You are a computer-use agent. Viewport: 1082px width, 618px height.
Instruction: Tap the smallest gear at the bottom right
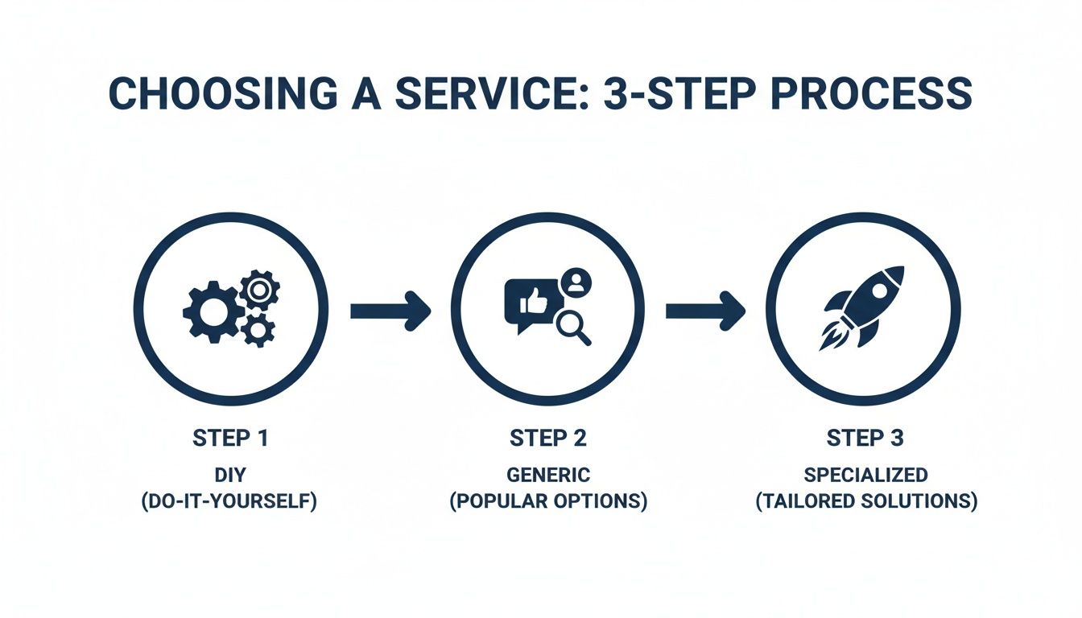(258, 329)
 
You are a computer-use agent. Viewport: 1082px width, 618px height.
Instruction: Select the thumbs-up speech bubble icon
(527, 304)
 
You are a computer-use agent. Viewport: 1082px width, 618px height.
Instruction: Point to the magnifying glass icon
(573, 328)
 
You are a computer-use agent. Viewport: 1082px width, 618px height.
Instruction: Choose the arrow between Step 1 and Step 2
(390, 311)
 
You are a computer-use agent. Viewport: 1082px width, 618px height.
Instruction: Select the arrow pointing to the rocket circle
(705, 311)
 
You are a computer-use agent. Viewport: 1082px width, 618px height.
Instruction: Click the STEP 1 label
(230, 439)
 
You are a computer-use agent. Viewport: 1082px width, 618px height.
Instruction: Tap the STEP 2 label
(547, 439)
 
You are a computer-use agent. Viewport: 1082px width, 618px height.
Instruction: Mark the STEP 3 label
(865, 439)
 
